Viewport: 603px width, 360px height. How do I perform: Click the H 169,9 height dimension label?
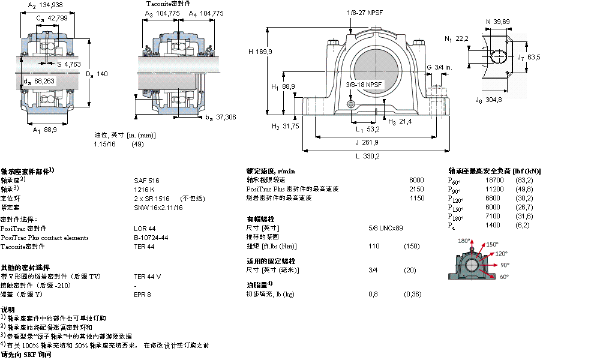[x=260, y=52]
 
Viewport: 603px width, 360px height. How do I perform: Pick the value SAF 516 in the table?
[x=146, y=180]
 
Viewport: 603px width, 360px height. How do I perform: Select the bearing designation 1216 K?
[x=145, y=189]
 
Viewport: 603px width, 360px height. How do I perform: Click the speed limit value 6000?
[x=416, y=180]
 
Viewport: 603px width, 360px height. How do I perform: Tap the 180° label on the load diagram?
[x=464, y=241]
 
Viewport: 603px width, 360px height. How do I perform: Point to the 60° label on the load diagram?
[x=504, y=277]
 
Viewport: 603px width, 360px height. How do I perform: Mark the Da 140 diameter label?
[x=97, y=74]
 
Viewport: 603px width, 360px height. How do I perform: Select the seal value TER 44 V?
[x=148, y=277]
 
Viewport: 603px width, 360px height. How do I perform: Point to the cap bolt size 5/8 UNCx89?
[x=385, y=228]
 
